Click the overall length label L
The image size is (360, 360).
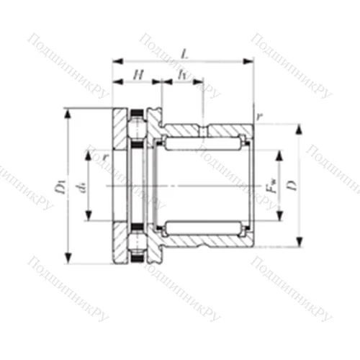(185, 53)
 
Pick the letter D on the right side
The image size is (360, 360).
(290, 186)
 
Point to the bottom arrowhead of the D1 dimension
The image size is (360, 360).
(69, 261)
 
